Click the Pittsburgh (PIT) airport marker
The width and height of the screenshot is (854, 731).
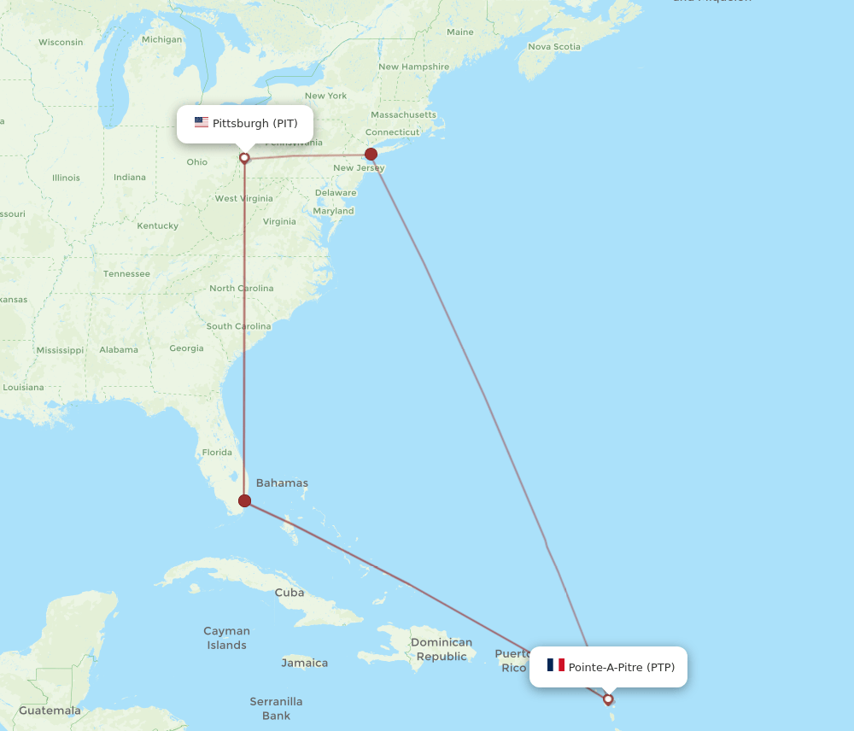[244, 158]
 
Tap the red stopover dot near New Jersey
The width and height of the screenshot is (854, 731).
[371, 155]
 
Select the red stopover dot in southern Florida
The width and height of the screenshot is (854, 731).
[245, 501]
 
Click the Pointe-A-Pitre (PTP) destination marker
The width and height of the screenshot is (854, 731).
[608, 699]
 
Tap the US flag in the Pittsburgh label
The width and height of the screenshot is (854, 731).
[202, 123]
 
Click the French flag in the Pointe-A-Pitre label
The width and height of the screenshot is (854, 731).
[556, 665]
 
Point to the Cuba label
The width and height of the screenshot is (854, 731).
[289, 593]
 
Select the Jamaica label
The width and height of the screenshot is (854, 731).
[304, 663]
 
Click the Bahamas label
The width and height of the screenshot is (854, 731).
[282, 483]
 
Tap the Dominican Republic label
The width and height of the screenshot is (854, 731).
[441, 649]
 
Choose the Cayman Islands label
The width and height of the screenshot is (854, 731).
[226, 638]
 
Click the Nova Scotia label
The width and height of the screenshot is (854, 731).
[553, 47]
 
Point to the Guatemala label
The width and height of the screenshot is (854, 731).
[50, 711]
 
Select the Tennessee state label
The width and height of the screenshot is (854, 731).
[126, 274]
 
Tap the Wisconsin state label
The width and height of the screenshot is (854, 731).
[61, 42]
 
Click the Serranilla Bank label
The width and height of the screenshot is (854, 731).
[276, 708]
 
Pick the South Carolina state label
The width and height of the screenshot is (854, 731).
[238, 326]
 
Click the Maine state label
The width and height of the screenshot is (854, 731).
[459, 32]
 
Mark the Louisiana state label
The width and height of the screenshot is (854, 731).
[22, 387]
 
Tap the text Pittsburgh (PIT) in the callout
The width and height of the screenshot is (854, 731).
[254, 124]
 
